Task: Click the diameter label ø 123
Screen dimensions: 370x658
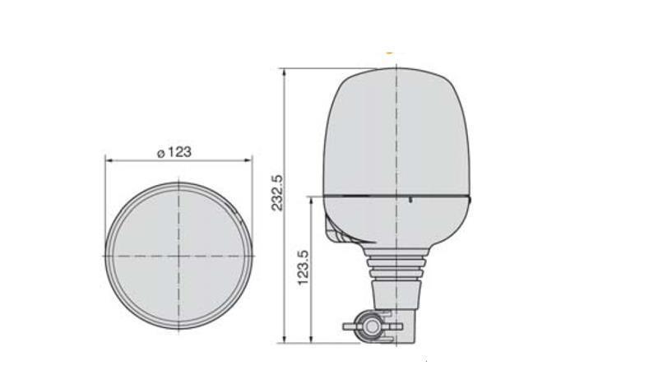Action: pos(174,151)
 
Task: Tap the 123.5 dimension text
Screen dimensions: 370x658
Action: pos(303,268)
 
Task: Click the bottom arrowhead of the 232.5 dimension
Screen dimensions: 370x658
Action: pos(285,340)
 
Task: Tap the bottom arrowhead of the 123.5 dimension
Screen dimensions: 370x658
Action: pos(310,340)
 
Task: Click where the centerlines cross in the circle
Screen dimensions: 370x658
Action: pos(178,256)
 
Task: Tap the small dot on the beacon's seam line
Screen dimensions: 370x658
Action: pos(410,199)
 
